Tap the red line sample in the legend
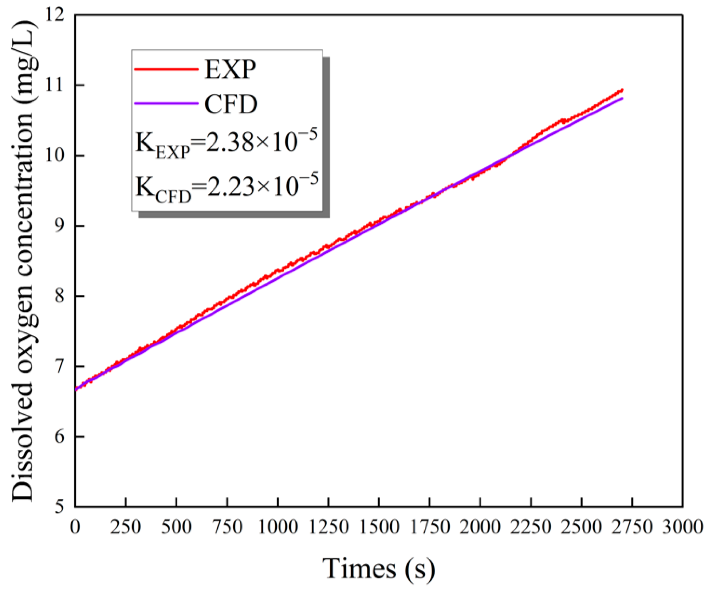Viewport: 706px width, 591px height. [166, 69]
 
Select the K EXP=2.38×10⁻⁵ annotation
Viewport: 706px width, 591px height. [226, 143]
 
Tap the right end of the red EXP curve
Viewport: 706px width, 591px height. [622, 90]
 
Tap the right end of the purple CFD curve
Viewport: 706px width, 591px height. [622, 98]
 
